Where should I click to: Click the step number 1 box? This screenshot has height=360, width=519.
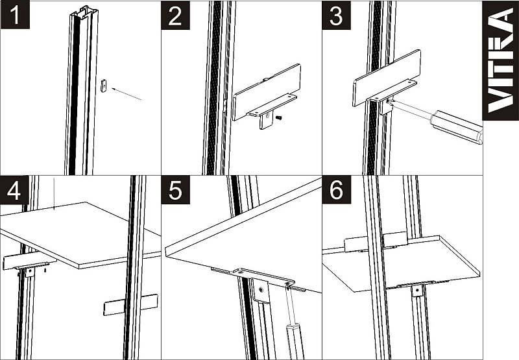(15, 14)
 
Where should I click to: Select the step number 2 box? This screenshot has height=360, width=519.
(175, 15)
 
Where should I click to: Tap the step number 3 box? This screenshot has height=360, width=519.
(336, 15)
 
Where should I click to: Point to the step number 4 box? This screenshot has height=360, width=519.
(14, 190)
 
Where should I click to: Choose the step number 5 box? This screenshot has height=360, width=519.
(175, 190)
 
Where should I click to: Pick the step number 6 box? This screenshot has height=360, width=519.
(337, 190)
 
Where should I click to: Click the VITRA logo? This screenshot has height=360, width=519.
(500, 60)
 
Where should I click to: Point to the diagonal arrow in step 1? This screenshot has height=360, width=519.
(127, 93)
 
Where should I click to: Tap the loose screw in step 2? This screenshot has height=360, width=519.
(279, 117)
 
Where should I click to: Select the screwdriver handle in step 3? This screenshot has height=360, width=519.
(457, 127)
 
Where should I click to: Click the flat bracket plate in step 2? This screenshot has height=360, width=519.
(267, 92)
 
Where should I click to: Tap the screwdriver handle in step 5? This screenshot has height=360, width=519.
(294, 341)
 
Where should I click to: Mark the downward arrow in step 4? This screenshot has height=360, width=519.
(54, 193)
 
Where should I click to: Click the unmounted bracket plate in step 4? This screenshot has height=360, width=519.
(131, 305)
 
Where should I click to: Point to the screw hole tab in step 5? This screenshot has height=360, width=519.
(261, 291)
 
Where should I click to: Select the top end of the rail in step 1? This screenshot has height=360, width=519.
(84, 11)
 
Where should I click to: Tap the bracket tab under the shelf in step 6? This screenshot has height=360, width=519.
(417, 291)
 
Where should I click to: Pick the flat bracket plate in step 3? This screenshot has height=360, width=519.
(387, 78)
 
